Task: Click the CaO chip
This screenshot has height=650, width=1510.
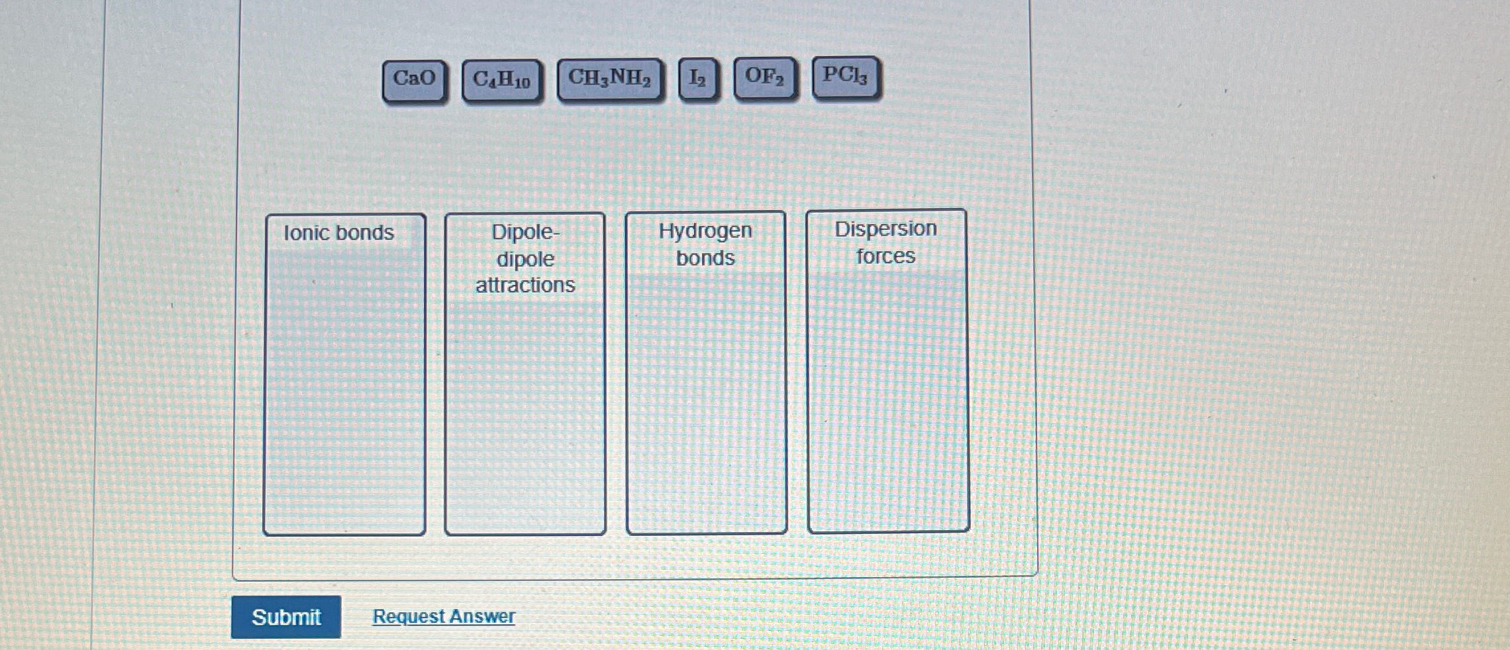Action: [x=414, y=80]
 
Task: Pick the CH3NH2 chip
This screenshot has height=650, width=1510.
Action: [x=609, y=79]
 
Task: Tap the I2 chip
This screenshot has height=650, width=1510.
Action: [x=697, y=79]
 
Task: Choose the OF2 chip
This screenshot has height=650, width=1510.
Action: [x=764, y=77]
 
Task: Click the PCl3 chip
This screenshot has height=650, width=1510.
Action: [x=845, y=76]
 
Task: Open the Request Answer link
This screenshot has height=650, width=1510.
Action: [x=443, y=616]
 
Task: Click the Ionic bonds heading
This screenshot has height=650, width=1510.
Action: [x=338, y=233]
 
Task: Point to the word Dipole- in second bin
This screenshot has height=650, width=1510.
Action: [x=525, y=232]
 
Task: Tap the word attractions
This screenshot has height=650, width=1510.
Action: [x=525, y=285]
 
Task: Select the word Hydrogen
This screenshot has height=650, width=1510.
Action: [x=705, y=231]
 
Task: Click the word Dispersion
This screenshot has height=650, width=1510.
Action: [x=885, y=229]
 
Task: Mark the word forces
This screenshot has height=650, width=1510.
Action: [x=885, y=256]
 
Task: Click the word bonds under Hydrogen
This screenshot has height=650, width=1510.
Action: [x=705, y=258]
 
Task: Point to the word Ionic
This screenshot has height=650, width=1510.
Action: [x=307, y=233]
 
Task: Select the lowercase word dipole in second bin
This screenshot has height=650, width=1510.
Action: [x=525, y=259]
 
